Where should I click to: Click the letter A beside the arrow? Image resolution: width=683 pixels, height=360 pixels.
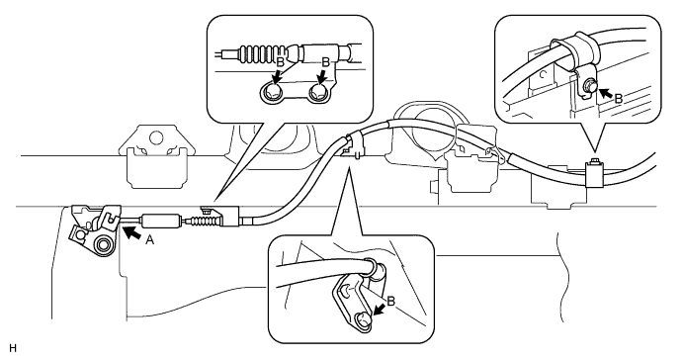tap(149, 239)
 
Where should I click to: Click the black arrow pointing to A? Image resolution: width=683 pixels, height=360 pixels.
tap(132, 232)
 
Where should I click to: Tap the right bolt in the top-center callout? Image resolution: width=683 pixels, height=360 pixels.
tap(318, 92)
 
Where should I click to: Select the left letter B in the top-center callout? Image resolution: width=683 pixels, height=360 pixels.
tap(280, 62)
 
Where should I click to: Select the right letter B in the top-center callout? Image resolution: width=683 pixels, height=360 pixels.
tap(325, 62)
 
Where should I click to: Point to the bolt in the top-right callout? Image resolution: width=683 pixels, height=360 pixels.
tap(589, 84)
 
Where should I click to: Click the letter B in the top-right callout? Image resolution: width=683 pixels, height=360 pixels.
tap(619, 99)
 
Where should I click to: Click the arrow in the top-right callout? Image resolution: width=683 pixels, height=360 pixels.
tap(606, 93)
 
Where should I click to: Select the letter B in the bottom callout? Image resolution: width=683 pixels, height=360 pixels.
tap(390, 301)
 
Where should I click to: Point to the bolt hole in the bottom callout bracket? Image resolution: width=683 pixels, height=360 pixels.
tap(364, 319)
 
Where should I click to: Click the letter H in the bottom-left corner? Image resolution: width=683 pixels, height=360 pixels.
tap(12, 348)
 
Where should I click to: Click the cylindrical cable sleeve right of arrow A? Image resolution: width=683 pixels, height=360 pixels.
tap(160, 221)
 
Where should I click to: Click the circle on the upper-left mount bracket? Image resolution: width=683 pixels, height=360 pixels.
tap(154, 137)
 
